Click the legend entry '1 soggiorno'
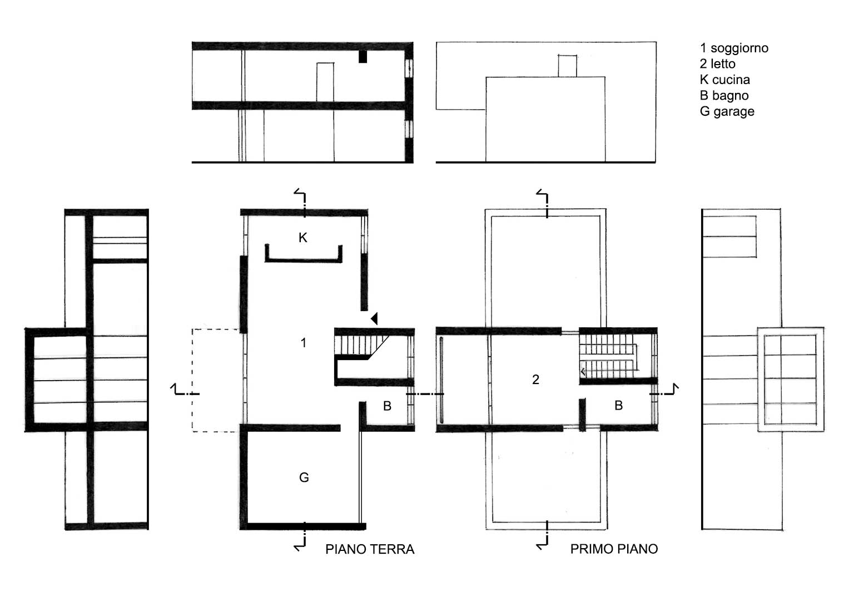click(734, 48)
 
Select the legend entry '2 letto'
click(717, 64)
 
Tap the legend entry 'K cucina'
click(724, 80)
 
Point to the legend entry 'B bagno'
click(724, 96)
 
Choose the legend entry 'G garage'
click(727, 111)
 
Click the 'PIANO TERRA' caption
click(370, 549)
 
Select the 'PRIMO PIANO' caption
click(614, 549)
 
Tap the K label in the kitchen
click(303, 238)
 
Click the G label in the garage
click(304, 477)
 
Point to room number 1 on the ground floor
click(303, 343)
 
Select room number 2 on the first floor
click(535, 380)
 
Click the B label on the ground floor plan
click(387, 406)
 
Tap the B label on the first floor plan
click(619, 406)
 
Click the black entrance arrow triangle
click(375, 318)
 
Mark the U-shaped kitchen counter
click(303, 260)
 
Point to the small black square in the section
click(363, 57)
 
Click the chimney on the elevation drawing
click(567, 66)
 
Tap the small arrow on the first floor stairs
click(583, 372)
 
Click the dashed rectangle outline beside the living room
click(192, 380)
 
